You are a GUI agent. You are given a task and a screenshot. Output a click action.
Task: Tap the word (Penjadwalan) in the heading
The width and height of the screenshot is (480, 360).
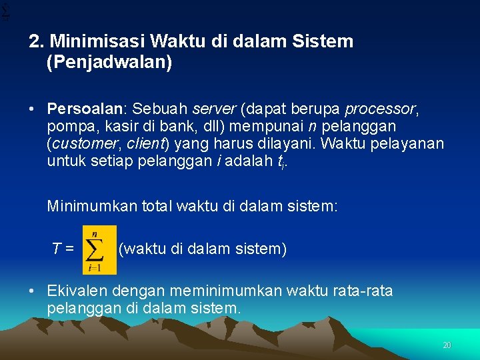point(109,63)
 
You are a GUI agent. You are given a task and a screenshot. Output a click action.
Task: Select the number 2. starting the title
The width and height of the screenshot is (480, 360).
point(37,42)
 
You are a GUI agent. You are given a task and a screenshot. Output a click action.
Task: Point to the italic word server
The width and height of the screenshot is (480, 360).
point(213,109)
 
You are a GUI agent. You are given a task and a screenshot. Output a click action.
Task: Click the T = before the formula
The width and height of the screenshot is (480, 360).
point(63,249)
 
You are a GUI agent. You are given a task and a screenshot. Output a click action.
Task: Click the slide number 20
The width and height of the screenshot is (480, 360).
point(447,345)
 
